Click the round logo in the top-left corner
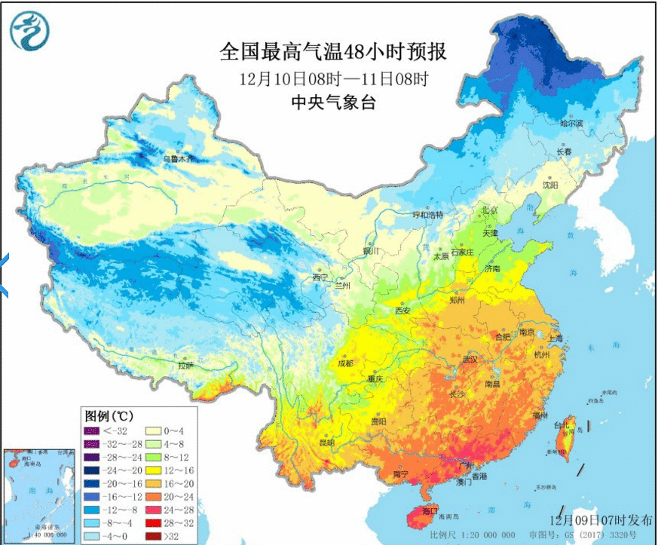pyautogui.click(x=29, y=31)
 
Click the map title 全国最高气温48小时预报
pyautogui.click(x=332, y=52)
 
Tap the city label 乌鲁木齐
pyautogui.click(x=179, y=159)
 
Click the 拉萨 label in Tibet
pyautogui.click(x=185, y=366)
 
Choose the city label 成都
pyautogui.click(x=345, y=363)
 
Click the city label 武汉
pyautogui.click(x=470, y=360)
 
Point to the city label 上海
pyautogui.click(x=555, y=338)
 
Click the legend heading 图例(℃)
pyautogui.click(x=110, y=416)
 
